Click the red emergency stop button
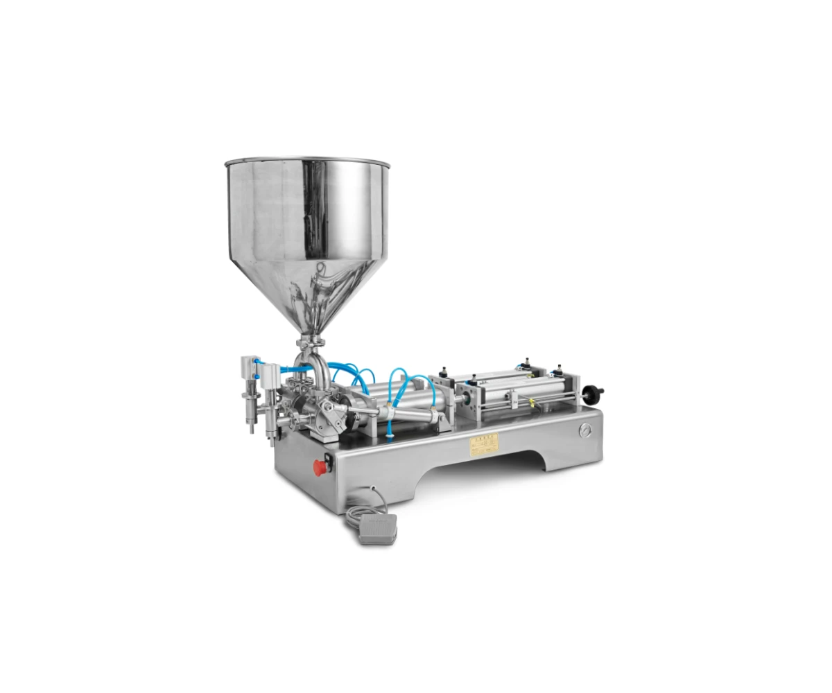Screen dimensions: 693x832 click(x=320, y=467)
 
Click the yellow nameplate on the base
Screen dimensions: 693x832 click(x=484, y=444)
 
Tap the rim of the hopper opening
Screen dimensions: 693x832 click(x=307, y=163)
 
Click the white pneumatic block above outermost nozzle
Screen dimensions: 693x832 click(x=249, y=365)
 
